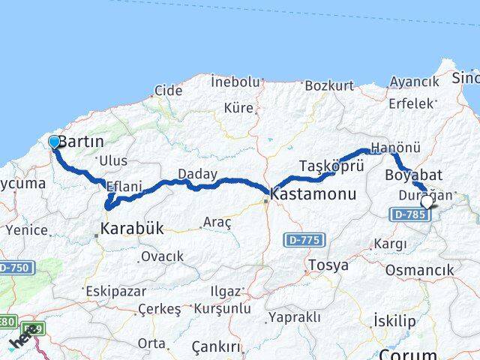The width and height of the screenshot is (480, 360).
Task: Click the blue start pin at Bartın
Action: pos(54,142)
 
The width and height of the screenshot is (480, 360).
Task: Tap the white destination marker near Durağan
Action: pos(427,201)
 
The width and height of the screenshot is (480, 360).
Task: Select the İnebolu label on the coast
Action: pos(235,81)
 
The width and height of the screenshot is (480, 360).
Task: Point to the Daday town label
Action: pos(197,174)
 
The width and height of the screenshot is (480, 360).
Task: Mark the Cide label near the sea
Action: pos(168,91)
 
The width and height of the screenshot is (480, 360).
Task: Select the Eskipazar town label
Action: pos(113,290)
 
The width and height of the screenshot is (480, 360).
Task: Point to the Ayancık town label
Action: pos(414,81)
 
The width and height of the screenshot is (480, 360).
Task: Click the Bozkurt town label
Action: pos(328,85)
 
